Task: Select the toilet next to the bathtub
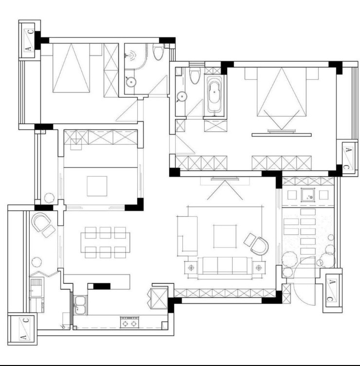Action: pos(194,75)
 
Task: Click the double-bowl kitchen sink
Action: pos(80,305)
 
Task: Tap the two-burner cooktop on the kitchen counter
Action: pos(129,323)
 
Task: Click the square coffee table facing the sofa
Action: pos(225,236)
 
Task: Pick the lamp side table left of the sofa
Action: pos(191,268)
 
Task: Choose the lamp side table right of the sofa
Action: pos(258,268)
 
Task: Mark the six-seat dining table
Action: pos(105,242)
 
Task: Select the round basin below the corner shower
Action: pos(131,82)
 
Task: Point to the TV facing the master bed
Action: pos(281,131)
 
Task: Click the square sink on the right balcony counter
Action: pos(307,195)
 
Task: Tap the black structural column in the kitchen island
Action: pos(102,286)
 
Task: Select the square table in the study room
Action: pos(97,186)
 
